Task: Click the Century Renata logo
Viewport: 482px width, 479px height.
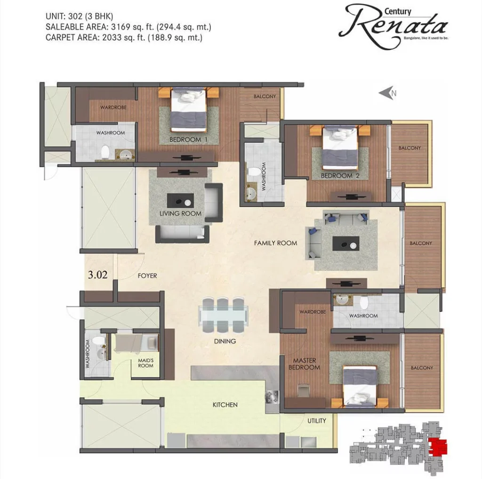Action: (x=394, y=26)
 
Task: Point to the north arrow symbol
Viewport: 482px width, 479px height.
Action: (x=387, y=93)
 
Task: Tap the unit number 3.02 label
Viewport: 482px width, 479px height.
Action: (x=98, y=275)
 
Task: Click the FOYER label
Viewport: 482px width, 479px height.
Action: (x=147, y=276)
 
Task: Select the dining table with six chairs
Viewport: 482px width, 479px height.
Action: (x=224, y=315)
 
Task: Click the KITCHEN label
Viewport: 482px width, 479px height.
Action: (x=225, y=405)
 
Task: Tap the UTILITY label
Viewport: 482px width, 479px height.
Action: (x=317, y=421)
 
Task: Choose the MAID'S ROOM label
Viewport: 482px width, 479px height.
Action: (x=146, y=363)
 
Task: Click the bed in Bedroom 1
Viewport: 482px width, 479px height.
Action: (x=188, y=110)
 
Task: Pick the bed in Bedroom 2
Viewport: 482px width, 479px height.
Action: (x=340, y=148)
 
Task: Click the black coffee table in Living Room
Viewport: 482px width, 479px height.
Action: (x=180, y=201)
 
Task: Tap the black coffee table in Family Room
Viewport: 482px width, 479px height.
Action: (x=346, y=244)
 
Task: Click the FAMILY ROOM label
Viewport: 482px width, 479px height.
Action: (x=275, y=243)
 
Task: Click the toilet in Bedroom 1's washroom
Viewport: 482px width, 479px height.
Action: (x=105, y=151)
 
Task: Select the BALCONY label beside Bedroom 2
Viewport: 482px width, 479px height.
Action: (x=410, y=148)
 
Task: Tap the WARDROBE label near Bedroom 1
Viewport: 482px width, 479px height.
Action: (x=113, y=108)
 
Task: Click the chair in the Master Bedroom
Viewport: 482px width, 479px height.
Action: (x=304, y=391)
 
